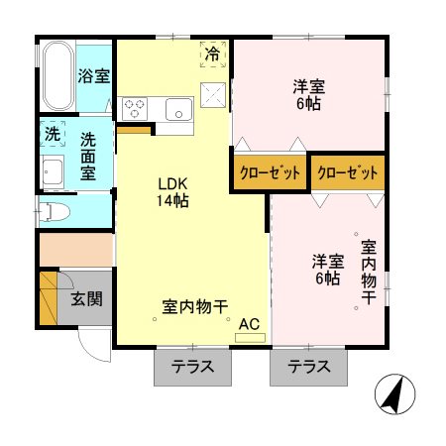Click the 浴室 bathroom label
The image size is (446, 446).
(95, 76)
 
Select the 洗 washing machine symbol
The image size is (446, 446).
(51, 131)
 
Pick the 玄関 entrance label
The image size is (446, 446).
(86, 297)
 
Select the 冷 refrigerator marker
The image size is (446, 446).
(212, 56)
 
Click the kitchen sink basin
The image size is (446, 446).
(179, 108)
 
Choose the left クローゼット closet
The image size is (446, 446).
(269, 172)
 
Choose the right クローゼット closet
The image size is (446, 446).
(348, 172)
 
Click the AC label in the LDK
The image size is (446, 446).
(249, 323)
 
